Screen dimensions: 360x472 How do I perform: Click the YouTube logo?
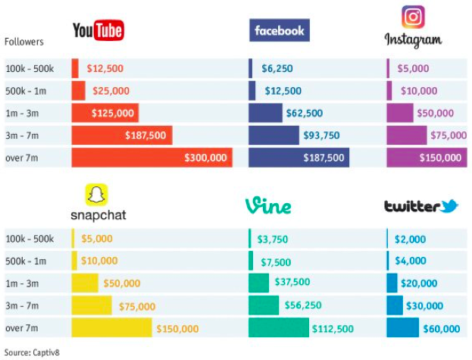click(x=98, y=30)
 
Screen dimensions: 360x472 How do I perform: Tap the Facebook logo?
click(x=279, y=30)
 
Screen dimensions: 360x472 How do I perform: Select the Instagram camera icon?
click(x=413, y=17)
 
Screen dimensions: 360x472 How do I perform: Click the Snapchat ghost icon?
click(x=96, y=196)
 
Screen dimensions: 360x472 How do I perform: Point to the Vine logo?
click(x=268, y=205)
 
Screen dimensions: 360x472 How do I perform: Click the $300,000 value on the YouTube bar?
click(x=206, y=158)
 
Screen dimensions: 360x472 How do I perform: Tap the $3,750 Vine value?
click(x=273, y=239)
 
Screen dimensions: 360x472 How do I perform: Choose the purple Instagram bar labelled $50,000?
click(x=400, y=113)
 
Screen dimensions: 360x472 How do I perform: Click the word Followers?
click(x=24, y=42)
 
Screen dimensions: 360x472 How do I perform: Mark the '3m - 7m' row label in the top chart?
click(x=23, y=136)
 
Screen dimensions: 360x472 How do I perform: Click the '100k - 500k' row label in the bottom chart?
click(x=30, y=239)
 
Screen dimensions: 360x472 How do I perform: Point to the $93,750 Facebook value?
click(x=322, y=136)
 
